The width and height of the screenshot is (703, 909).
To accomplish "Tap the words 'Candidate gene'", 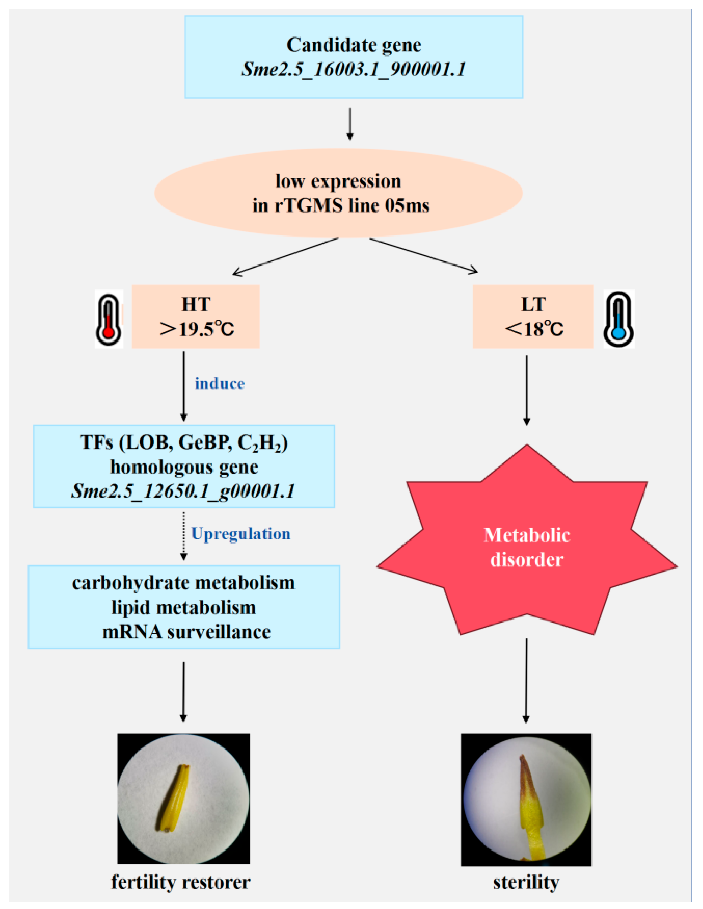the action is [354, 45].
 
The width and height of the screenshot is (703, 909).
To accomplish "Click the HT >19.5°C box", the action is [196, 317].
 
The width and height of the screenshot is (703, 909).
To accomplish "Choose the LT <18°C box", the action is [533, 317].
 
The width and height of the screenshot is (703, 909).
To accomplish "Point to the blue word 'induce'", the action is [220, 383].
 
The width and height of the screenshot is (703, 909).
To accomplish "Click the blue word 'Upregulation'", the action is [241, 534].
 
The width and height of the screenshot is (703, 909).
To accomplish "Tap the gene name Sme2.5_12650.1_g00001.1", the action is [183, 491].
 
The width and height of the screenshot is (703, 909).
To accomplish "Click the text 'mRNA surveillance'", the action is [186, 632].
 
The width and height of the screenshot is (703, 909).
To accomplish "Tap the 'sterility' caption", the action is [526, 882].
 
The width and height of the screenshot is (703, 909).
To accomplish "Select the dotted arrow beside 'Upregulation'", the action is [183, 536].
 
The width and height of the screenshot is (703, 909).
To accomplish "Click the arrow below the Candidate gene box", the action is [350, 124].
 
